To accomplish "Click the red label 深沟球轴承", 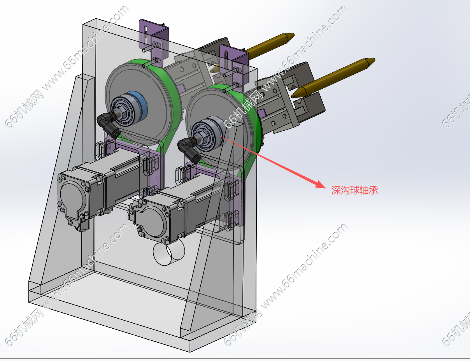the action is point(355,190).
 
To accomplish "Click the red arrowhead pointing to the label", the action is point(320,184).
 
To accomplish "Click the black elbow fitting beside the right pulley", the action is point(189,149).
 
